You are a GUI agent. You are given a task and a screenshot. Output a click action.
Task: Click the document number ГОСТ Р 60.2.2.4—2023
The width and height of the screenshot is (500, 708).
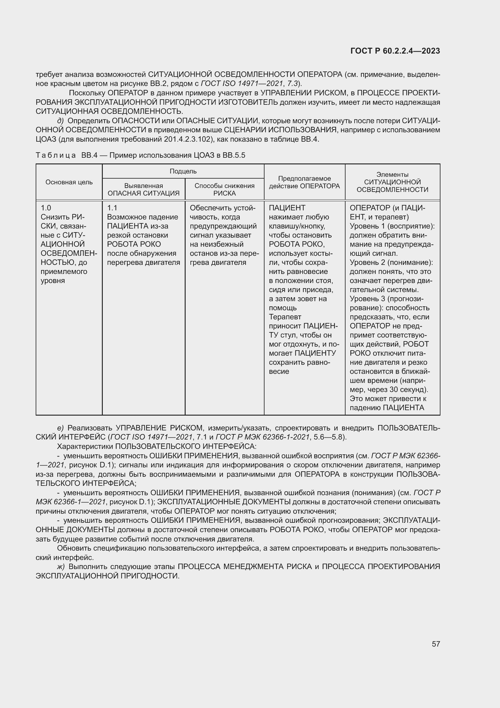tap(395, 51)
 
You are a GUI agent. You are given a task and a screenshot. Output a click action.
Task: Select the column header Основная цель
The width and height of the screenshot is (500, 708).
tap(69, 182)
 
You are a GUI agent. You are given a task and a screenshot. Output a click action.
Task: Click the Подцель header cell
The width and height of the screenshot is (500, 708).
tap(183, 171)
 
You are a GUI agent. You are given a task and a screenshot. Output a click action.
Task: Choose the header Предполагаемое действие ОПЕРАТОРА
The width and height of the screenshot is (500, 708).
tap(304, 182)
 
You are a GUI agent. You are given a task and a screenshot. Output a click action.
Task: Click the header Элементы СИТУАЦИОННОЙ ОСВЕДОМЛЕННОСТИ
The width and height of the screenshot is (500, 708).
tap(392, 182)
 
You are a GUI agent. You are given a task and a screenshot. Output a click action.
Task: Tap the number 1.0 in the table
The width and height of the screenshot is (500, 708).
tap(46, 208)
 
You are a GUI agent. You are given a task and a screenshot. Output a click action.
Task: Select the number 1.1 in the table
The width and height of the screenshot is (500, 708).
tap(112, 208)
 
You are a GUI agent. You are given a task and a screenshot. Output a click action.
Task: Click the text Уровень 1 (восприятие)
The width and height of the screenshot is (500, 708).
tap(391, 226)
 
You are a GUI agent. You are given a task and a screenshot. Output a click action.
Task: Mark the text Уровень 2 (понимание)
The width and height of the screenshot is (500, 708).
tap(391, 263)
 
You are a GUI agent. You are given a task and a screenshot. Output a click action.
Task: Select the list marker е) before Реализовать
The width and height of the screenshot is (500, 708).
tap(60, 428)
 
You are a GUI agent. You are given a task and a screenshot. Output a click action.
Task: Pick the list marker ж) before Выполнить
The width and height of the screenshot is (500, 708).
tap(61, 567)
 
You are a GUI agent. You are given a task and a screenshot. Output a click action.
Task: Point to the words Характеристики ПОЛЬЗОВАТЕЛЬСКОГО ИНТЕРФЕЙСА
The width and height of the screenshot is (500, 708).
tap(157, 446)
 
